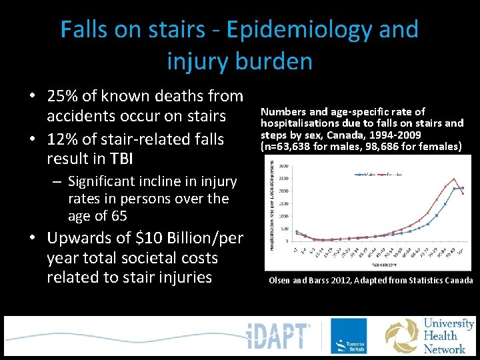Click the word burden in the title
[x=273, y=61]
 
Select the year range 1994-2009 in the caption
[x=395, y=133]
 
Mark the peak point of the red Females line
[x=454, y=179]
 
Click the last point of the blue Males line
[x=463, y=188]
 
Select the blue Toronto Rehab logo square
[x=348, y=335]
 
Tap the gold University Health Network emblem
[x=401, y=336]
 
